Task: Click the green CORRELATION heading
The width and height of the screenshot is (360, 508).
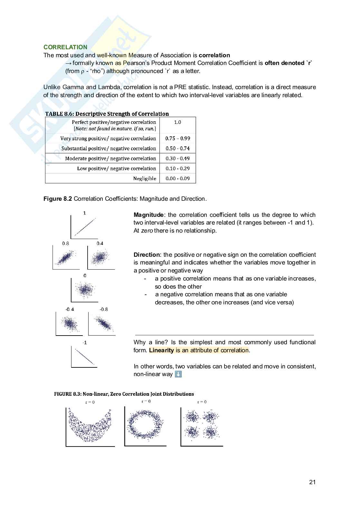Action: point(65,47)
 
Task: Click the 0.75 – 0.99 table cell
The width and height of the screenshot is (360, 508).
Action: point(177,138)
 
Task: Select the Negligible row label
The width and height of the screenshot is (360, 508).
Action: point(145,179)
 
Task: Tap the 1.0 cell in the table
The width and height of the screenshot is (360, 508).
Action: point(177,122)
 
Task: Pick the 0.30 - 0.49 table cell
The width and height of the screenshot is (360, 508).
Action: point(177,159)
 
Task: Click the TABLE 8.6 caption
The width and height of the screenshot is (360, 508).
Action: point(107,114)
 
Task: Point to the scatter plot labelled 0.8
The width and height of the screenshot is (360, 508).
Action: point(66,258)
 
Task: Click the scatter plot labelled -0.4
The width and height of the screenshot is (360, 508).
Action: point(69,324)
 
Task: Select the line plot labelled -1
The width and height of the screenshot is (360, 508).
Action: point(84,356)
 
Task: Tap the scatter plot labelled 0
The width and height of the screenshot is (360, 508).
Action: point(85,290)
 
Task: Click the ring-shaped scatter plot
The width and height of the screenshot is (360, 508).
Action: point(145,425)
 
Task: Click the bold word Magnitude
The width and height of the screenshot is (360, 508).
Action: point(148,215)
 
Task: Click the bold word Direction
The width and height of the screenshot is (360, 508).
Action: point(147,255)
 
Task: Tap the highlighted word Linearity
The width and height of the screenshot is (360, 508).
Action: point(161,350)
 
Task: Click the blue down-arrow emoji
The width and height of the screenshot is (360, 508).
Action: point(178,374)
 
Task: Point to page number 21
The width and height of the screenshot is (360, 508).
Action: point(312,482)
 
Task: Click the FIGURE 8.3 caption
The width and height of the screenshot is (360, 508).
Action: point(124,394)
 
